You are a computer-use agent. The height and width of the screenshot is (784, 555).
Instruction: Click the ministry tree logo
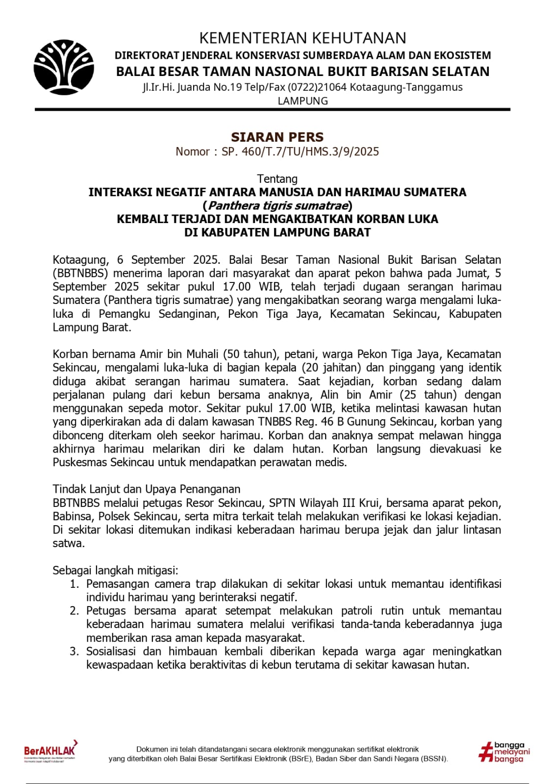click(x=64, y=68)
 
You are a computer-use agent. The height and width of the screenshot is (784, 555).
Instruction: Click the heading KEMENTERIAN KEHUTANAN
click(x=303, y=38)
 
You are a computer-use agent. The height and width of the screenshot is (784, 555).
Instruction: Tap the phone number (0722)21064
click(x=317, y=87)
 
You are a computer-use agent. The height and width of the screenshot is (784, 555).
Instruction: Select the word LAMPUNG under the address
click(x=303, y=101)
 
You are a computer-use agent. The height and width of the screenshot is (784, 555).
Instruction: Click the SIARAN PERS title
click(x=277, y=137)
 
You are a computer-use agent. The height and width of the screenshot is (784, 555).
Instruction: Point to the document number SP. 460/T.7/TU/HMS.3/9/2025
click(x=300, y=152)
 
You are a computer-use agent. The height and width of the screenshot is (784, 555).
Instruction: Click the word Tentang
click(x=277, y=179)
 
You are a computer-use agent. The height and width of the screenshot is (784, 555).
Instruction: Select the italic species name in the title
click(x=277, y=205)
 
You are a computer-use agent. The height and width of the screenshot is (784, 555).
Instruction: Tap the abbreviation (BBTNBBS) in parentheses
click(x=80, y=273)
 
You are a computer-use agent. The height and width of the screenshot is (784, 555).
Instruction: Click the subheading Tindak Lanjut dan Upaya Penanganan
click(x=147, y=489)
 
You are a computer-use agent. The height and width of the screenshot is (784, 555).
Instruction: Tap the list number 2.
click(x=74, y=611)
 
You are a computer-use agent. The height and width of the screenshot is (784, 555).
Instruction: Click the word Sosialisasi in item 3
click(x=110, y=652)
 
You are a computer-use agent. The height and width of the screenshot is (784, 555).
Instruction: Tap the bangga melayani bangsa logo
click(x=504, y=752)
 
